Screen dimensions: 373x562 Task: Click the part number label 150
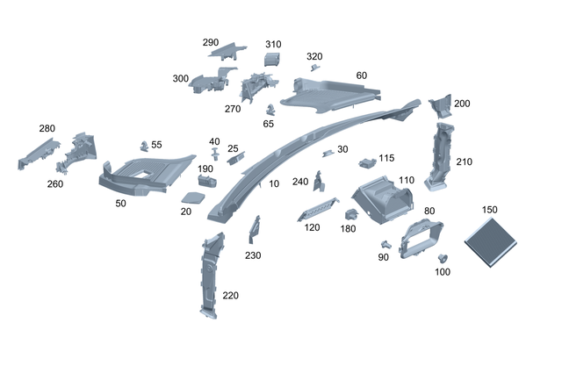(490, 211)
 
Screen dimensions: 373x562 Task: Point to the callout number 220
(231, 296)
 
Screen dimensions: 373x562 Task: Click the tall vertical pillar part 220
(209, 274)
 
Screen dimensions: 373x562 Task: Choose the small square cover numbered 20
(193, 197)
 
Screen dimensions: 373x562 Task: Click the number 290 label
(211, 42)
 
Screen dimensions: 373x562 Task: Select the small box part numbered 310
(271, 60)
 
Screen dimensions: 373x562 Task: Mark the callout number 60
(361, 75)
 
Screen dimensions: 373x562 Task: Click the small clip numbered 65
(270, 110)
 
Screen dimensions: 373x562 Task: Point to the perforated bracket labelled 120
(318, 209)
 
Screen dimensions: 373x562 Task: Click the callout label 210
(465, 161)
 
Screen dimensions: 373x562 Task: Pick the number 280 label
(47, 128)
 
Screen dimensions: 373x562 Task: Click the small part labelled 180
(350, 213)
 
